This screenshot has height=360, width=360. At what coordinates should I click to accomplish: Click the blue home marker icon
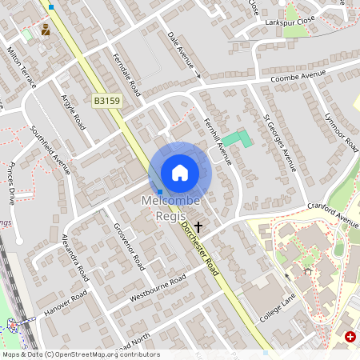[180, 172]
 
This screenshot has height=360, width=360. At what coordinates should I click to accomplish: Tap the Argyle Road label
[74, 112]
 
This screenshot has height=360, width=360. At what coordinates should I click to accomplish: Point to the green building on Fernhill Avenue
[236, 139]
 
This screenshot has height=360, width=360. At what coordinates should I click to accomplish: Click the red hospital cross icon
[350, 338]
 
